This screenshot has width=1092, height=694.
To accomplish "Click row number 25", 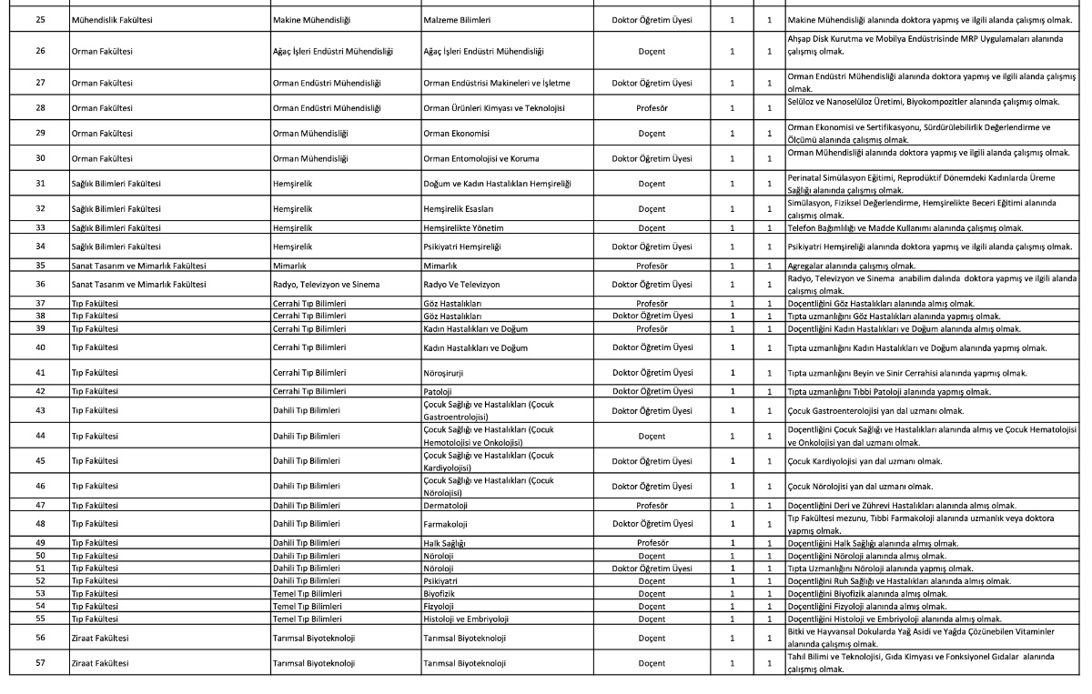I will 39,17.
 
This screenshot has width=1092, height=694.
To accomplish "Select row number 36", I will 39,285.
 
